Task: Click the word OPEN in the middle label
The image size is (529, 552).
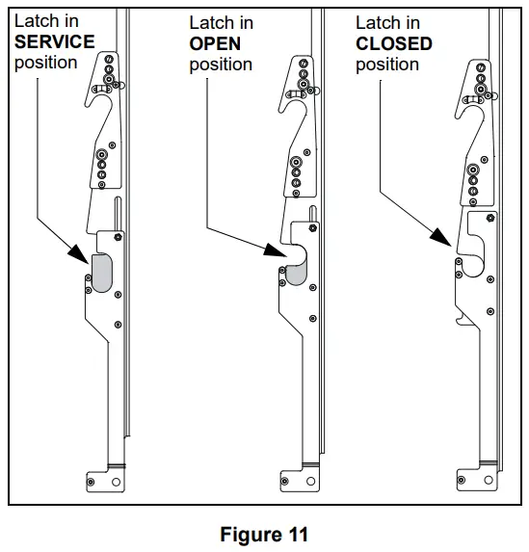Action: [215, 43]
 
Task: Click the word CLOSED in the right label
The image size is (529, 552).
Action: [394, 43]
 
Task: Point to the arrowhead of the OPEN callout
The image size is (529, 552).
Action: [274, 252]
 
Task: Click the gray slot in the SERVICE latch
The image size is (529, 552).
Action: [100, 273]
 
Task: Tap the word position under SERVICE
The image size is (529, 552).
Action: [45, 63]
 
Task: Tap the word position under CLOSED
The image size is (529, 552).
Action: [386, 65]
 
